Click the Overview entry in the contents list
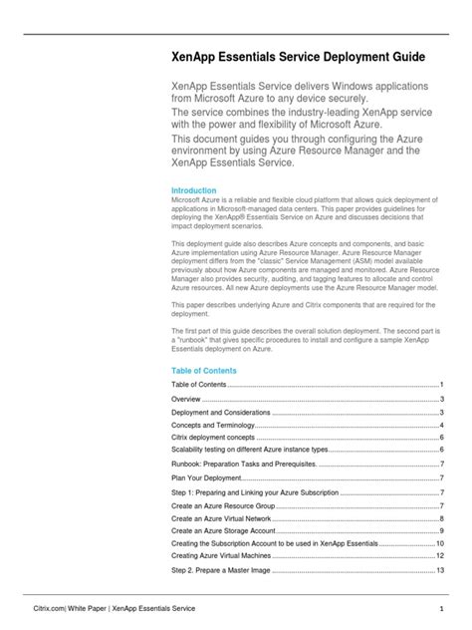[189, 398]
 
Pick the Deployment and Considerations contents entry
[220, 412]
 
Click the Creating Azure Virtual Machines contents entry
[220, 554]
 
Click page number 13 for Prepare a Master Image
[439, 569]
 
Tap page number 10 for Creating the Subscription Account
[439, 543]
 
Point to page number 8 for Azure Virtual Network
[441, 518]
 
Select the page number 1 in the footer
[441, 607]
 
